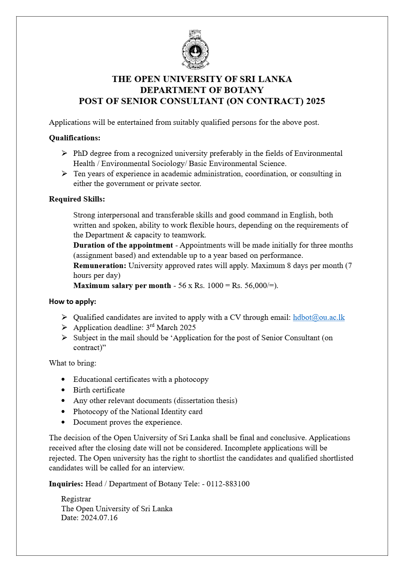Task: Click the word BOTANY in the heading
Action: pos(243,90)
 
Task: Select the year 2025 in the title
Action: pos(316,101)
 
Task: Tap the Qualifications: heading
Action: pos(75,138)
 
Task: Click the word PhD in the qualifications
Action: pos(81,153)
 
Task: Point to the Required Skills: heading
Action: pos(77,199)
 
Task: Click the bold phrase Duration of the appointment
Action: pos(123,245)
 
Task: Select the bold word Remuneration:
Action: pos(100,266)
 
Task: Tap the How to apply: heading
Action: pos(73,302)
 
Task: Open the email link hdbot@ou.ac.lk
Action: pos(319,317)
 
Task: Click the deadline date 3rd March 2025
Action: pos(171,328)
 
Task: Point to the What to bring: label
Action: pos(73,363)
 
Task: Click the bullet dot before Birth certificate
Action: pos(63,390)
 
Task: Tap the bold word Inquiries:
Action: pos(66,484)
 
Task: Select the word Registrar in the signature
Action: pos(76,499)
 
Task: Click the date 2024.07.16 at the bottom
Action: pos(99,518)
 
